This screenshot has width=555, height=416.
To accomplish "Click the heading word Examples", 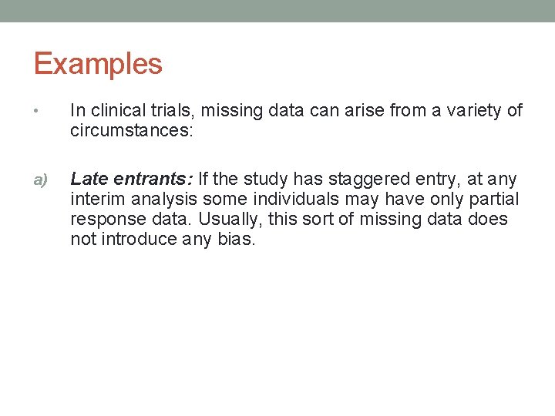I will coord(98,63).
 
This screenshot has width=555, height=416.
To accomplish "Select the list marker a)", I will coord(39,180).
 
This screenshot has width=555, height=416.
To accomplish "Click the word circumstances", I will coord(131,131).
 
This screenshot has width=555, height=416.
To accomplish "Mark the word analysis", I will coord(164,200).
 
